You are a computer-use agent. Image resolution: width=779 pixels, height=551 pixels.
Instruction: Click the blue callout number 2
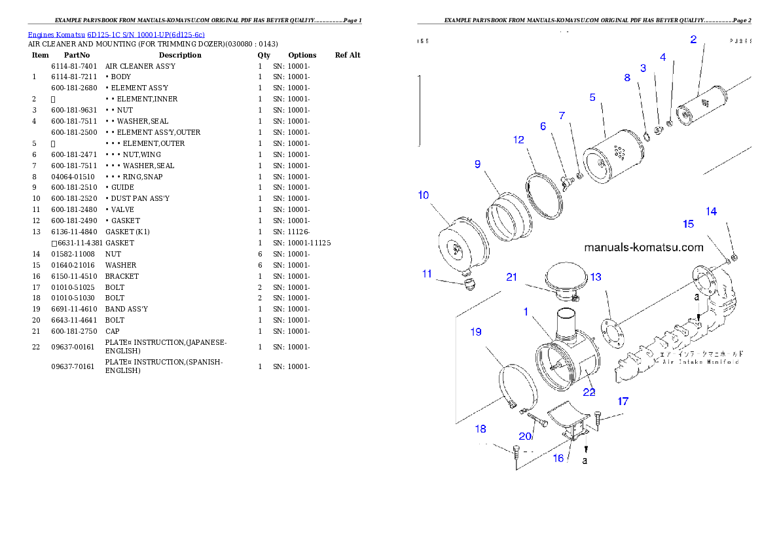[x=693, y=39]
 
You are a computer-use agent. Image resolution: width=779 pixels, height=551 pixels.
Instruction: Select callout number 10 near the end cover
[x=424, y=195]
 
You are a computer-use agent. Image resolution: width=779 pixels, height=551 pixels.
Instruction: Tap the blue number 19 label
[x=476, y=332]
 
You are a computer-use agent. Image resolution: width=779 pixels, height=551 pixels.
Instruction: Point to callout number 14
[x=711, y=211]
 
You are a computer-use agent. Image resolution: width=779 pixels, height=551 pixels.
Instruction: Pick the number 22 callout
[x=589, y=392]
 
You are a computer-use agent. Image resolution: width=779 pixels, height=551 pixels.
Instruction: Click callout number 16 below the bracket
[x=558, y=458]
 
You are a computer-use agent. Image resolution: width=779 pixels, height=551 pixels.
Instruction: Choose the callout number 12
[x=518, y=140]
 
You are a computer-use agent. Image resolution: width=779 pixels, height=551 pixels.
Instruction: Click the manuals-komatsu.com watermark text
[x=643, y=247]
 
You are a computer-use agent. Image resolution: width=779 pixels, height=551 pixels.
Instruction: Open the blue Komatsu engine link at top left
[x=116, y=35]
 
